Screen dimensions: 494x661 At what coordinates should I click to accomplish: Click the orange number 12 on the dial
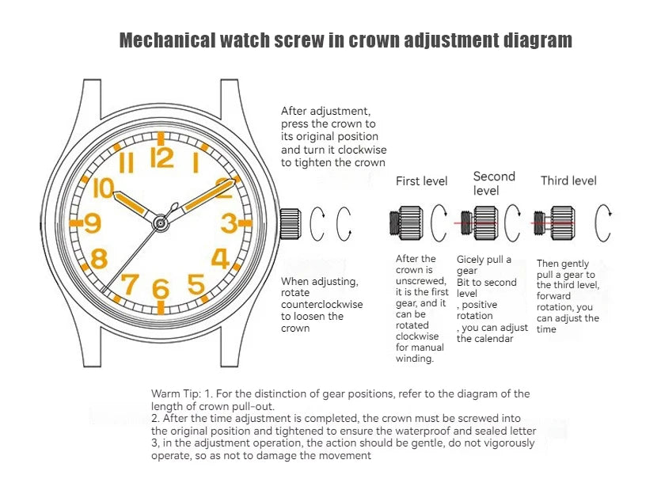pos(161,158)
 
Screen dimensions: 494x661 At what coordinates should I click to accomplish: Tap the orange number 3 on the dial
pos(229,223)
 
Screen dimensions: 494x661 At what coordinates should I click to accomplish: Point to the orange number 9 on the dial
pos(93,223)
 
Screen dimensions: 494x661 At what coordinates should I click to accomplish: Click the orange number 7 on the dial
pos(130,283)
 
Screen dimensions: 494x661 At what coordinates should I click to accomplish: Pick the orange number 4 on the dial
pos(220,259)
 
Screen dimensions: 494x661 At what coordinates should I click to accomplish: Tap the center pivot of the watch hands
pos(160,223)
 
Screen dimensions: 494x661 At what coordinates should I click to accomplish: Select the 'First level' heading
pos(421,181)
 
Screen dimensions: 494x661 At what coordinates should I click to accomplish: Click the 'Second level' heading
pos(494,183)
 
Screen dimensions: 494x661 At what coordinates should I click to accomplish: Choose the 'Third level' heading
pos(568,180)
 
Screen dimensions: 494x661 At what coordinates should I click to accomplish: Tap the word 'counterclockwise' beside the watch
pos(322,304)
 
